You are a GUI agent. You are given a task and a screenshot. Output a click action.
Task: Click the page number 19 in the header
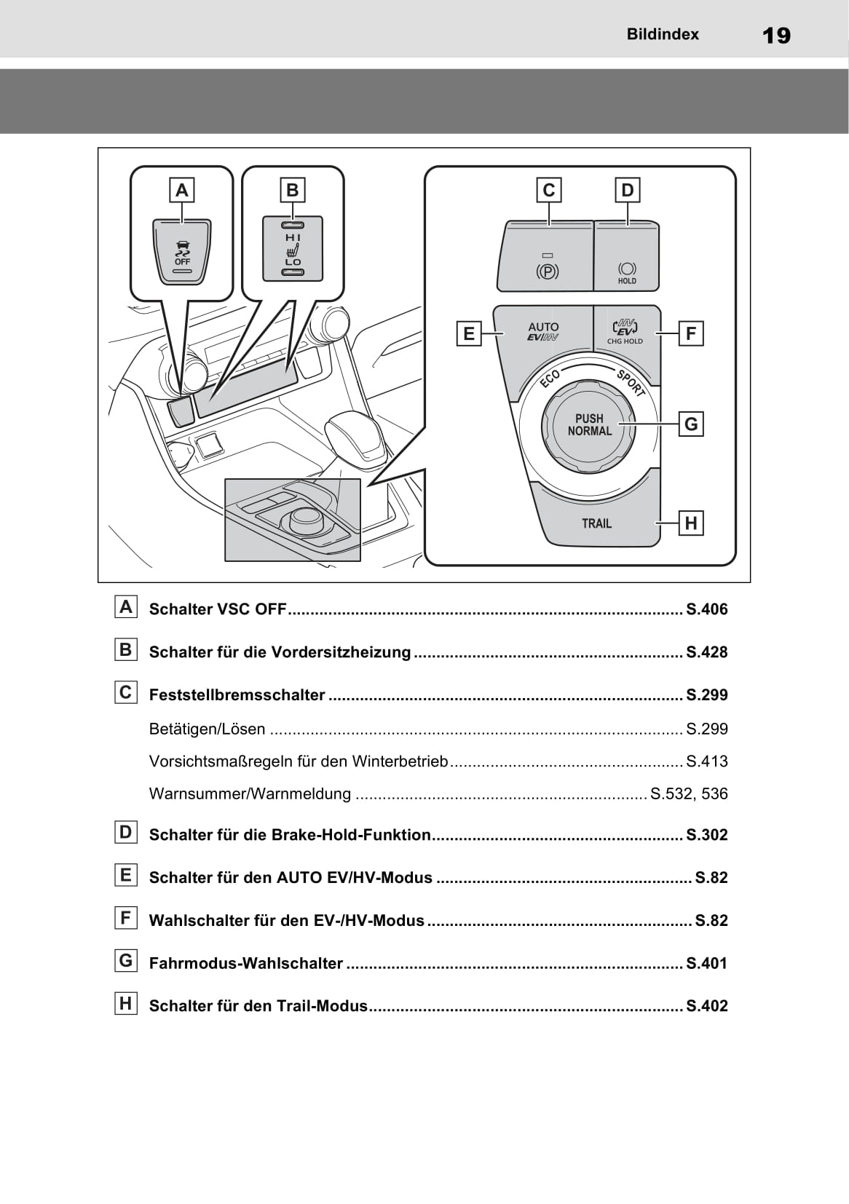776,35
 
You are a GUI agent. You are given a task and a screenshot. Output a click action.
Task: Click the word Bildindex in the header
662,34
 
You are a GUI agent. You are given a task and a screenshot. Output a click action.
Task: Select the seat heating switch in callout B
293,248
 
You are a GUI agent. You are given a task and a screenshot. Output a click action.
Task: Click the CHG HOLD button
625,332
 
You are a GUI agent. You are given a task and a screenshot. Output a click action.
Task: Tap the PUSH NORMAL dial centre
589,425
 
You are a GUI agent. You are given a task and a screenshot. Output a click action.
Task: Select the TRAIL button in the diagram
597,523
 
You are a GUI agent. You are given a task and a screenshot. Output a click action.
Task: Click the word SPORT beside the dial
631,383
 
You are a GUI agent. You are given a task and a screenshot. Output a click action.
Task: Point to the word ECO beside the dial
550,379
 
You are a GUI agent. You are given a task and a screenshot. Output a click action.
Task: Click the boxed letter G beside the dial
691,424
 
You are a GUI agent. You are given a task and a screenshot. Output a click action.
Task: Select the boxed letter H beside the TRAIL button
691,523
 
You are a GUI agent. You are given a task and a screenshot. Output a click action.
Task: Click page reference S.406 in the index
706,609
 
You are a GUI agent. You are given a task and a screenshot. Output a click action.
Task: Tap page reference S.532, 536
689,793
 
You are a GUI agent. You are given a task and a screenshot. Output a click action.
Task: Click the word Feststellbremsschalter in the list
237,695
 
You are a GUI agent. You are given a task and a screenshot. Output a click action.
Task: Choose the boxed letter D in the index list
126,832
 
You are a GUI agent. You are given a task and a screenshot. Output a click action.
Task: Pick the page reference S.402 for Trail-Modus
706,1006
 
